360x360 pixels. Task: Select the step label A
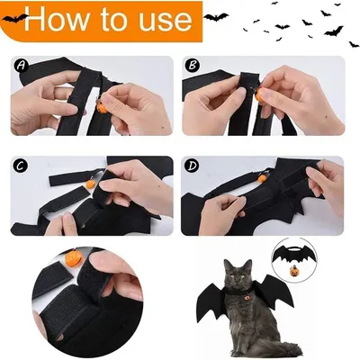click(20, 65)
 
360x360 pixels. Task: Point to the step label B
click(192, 65)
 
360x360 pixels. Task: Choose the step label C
click(20, 166)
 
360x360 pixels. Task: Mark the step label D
click(192, 166)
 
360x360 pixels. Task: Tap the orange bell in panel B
click(267, 89)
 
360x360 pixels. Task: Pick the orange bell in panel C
click(91, 184)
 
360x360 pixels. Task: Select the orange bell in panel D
click(263, 178)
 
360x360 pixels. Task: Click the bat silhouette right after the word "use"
click(216, 15)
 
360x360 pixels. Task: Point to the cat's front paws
click(236, 349)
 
